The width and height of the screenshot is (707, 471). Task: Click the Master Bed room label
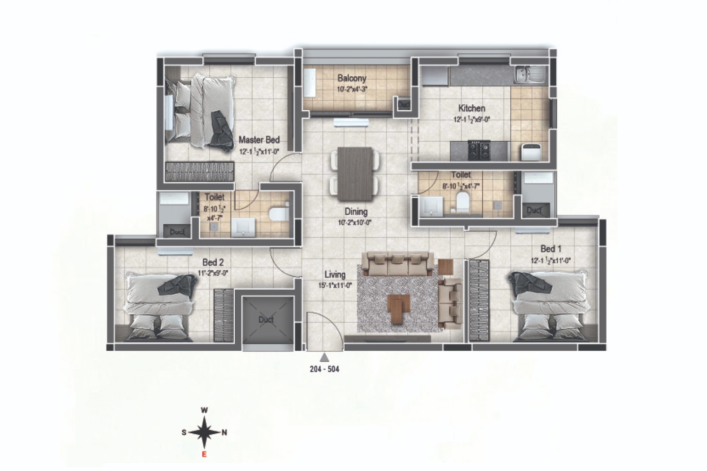pos(259,140)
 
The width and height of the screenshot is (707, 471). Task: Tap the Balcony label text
pos(352,78)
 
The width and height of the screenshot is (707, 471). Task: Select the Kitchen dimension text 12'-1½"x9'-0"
pos(471,120)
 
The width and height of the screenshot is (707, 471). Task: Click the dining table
pos(355,173)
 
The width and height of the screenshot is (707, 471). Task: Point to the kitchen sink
pos(529,73)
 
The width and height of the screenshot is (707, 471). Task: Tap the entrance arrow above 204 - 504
pos(324,357)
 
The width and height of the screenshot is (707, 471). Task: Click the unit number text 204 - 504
pos(324,369)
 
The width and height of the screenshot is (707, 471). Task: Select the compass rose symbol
pos(205,432)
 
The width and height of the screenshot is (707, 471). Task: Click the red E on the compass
pos(204,455)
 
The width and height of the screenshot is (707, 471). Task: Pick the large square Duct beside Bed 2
pos(266,320)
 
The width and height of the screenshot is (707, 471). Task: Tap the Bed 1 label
pos(551,249)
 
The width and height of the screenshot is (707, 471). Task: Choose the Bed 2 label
pos(213,262)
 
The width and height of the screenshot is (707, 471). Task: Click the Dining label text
pos(355,212)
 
